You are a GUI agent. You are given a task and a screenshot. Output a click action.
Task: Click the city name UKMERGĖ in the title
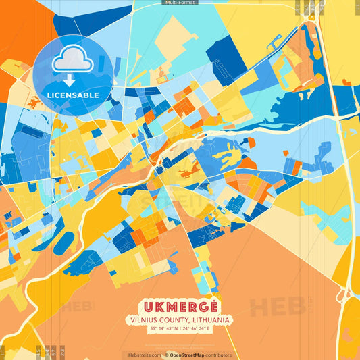click(x=179, y=305)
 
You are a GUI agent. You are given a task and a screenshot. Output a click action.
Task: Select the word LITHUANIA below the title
click(x=208, y=319)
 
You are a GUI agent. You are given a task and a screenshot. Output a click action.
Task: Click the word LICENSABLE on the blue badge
click(x=72, y=95)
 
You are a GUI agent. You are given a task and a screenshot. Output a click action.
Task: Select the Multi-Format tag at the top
click(x=180, y=3)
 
